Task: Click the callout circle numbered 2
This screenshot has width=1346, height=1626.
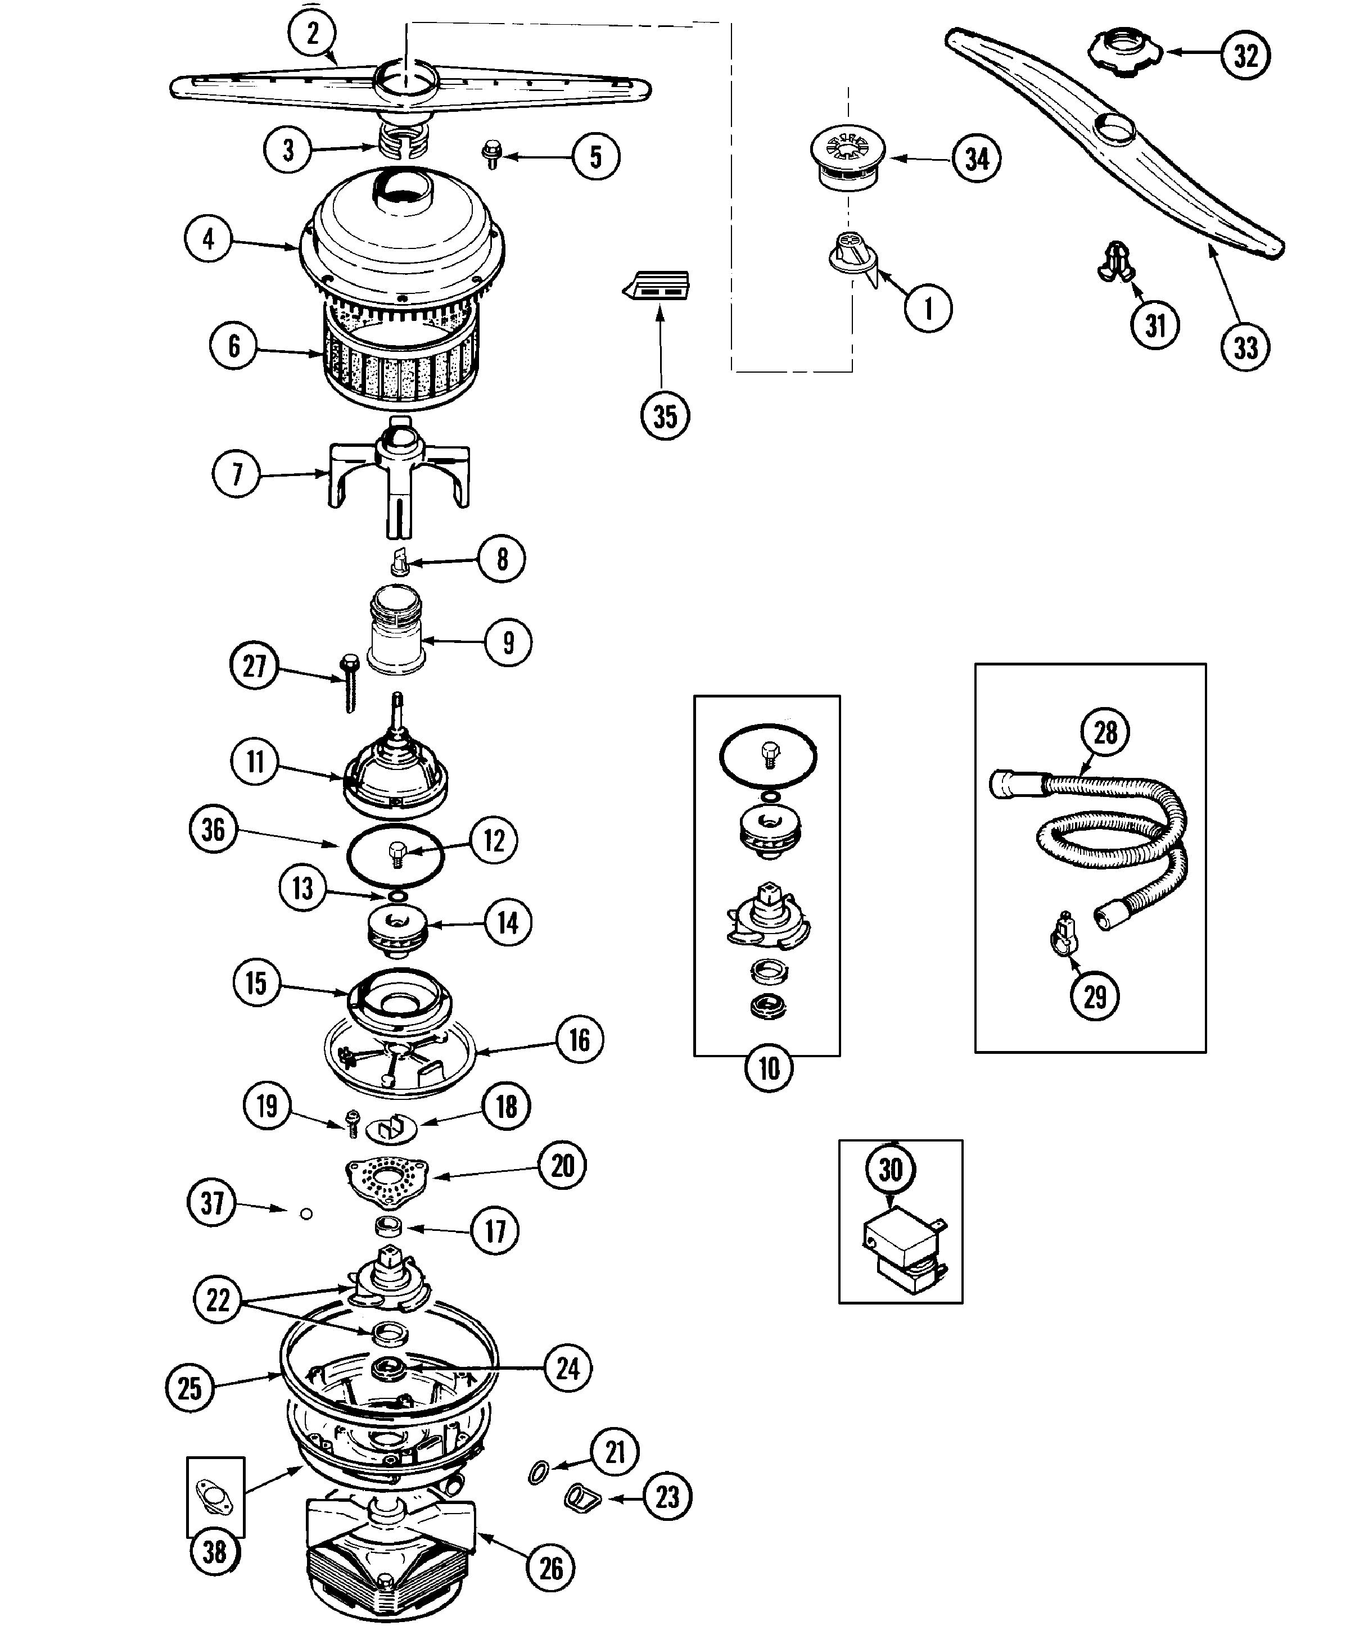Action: (312, 33)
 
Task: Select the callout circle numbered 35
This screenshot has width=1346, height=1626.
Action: (665, 416)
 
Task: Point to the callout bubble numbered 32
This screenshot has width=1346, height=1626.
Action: (1245, 55)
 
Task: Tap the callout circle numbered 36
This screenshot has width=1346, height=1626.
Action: (214, 830)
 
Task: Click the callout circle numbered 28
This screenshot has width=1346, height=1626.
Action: (1106, 732)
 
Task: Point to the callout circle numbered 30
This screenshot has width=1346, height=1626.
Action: (891, 1168)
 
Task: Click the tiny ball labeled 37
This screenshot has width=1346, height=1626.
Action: (306, 1214)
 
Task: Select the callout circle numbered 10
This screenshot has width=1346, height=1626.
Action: (768, 1069)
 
